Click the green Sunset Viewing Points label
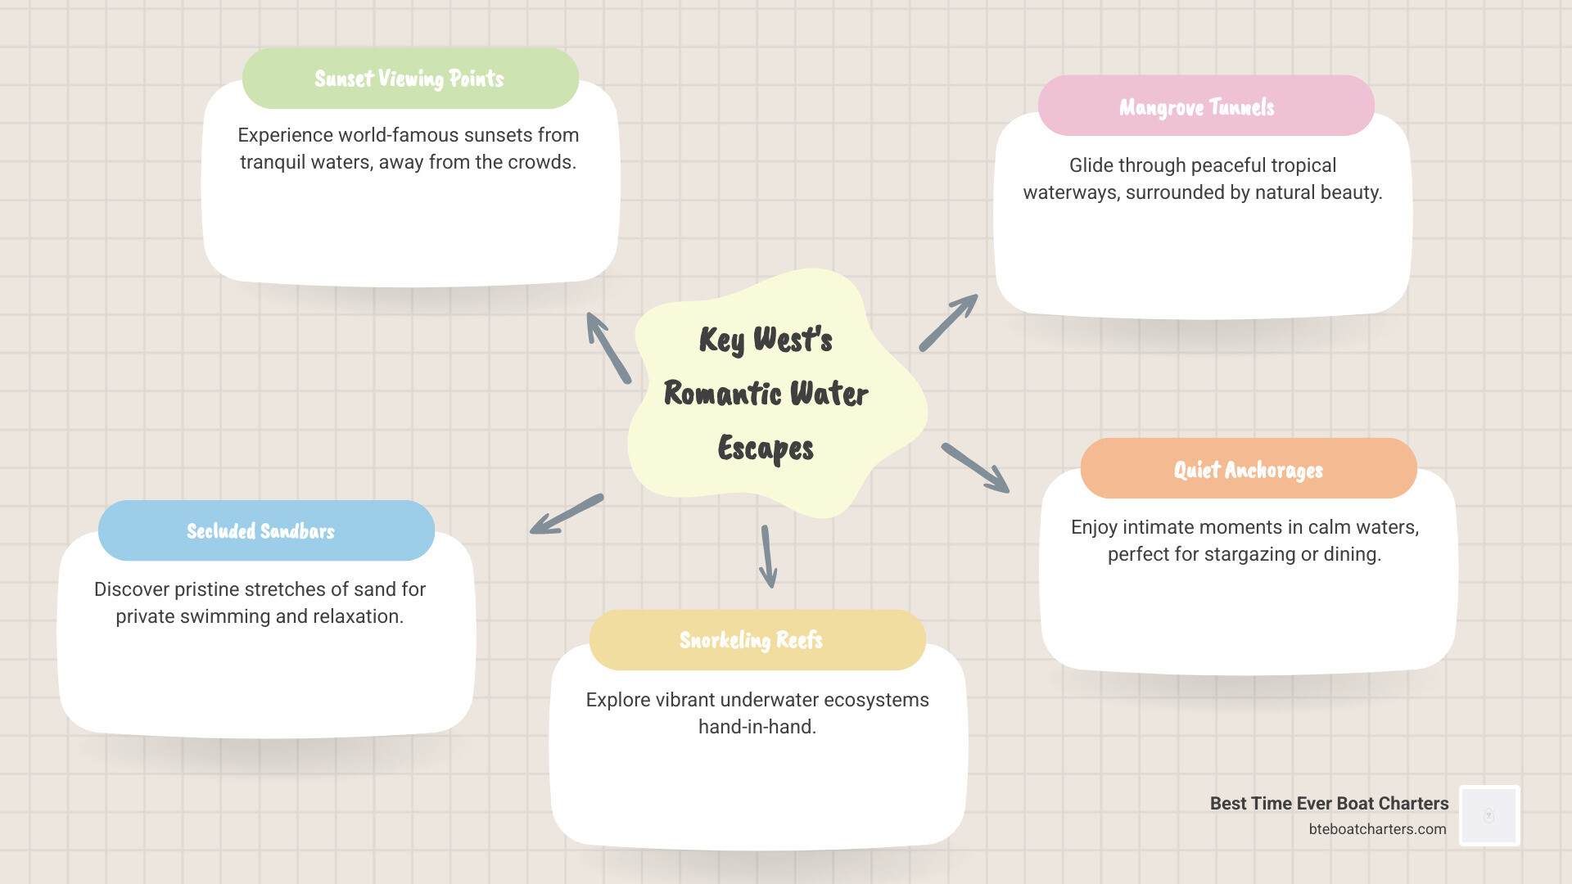(410, 79)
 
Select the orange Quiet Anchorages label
(1248, 469)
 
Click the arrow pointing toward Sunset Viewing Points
(608, 348)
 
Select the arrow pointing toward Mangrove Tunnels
(948, 322)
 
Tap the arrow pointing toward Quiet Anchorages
(975, 467)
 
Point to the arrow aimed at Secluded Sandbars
(567, 514)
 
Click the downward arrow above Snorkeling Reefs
(767, 557)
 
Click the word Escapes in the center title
(766, 449)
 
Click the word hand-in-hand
(757, 727)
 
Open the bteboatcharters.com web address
(1377, 829)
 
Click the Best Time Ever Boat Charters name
(1329, 804)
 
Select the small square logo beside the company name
(1489, 815)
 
